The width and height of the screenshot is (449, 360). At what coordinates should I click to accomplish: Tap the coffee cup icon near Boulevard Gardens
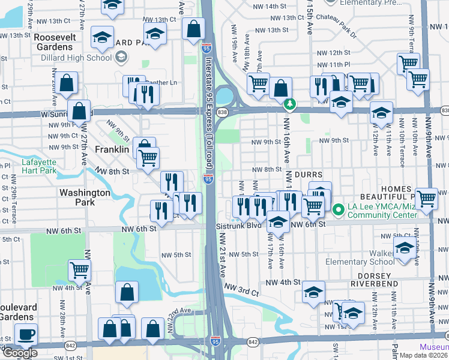(25, 334)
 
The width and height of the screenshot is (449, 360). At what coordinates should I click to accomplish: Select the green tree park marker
(290, 104)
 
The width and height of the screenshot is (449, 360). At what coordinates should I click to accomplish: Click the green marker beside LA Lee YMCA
(338, 210)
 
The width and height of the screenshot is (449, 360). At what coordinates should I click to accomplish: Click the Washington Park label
(85, 197)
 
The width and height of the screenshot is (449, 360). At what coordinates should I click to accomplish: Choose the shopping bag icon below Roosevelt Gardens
(68, 83)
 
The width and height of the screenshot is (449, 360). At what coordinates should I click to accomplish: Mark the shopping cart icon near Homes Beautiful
(426, 198)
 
